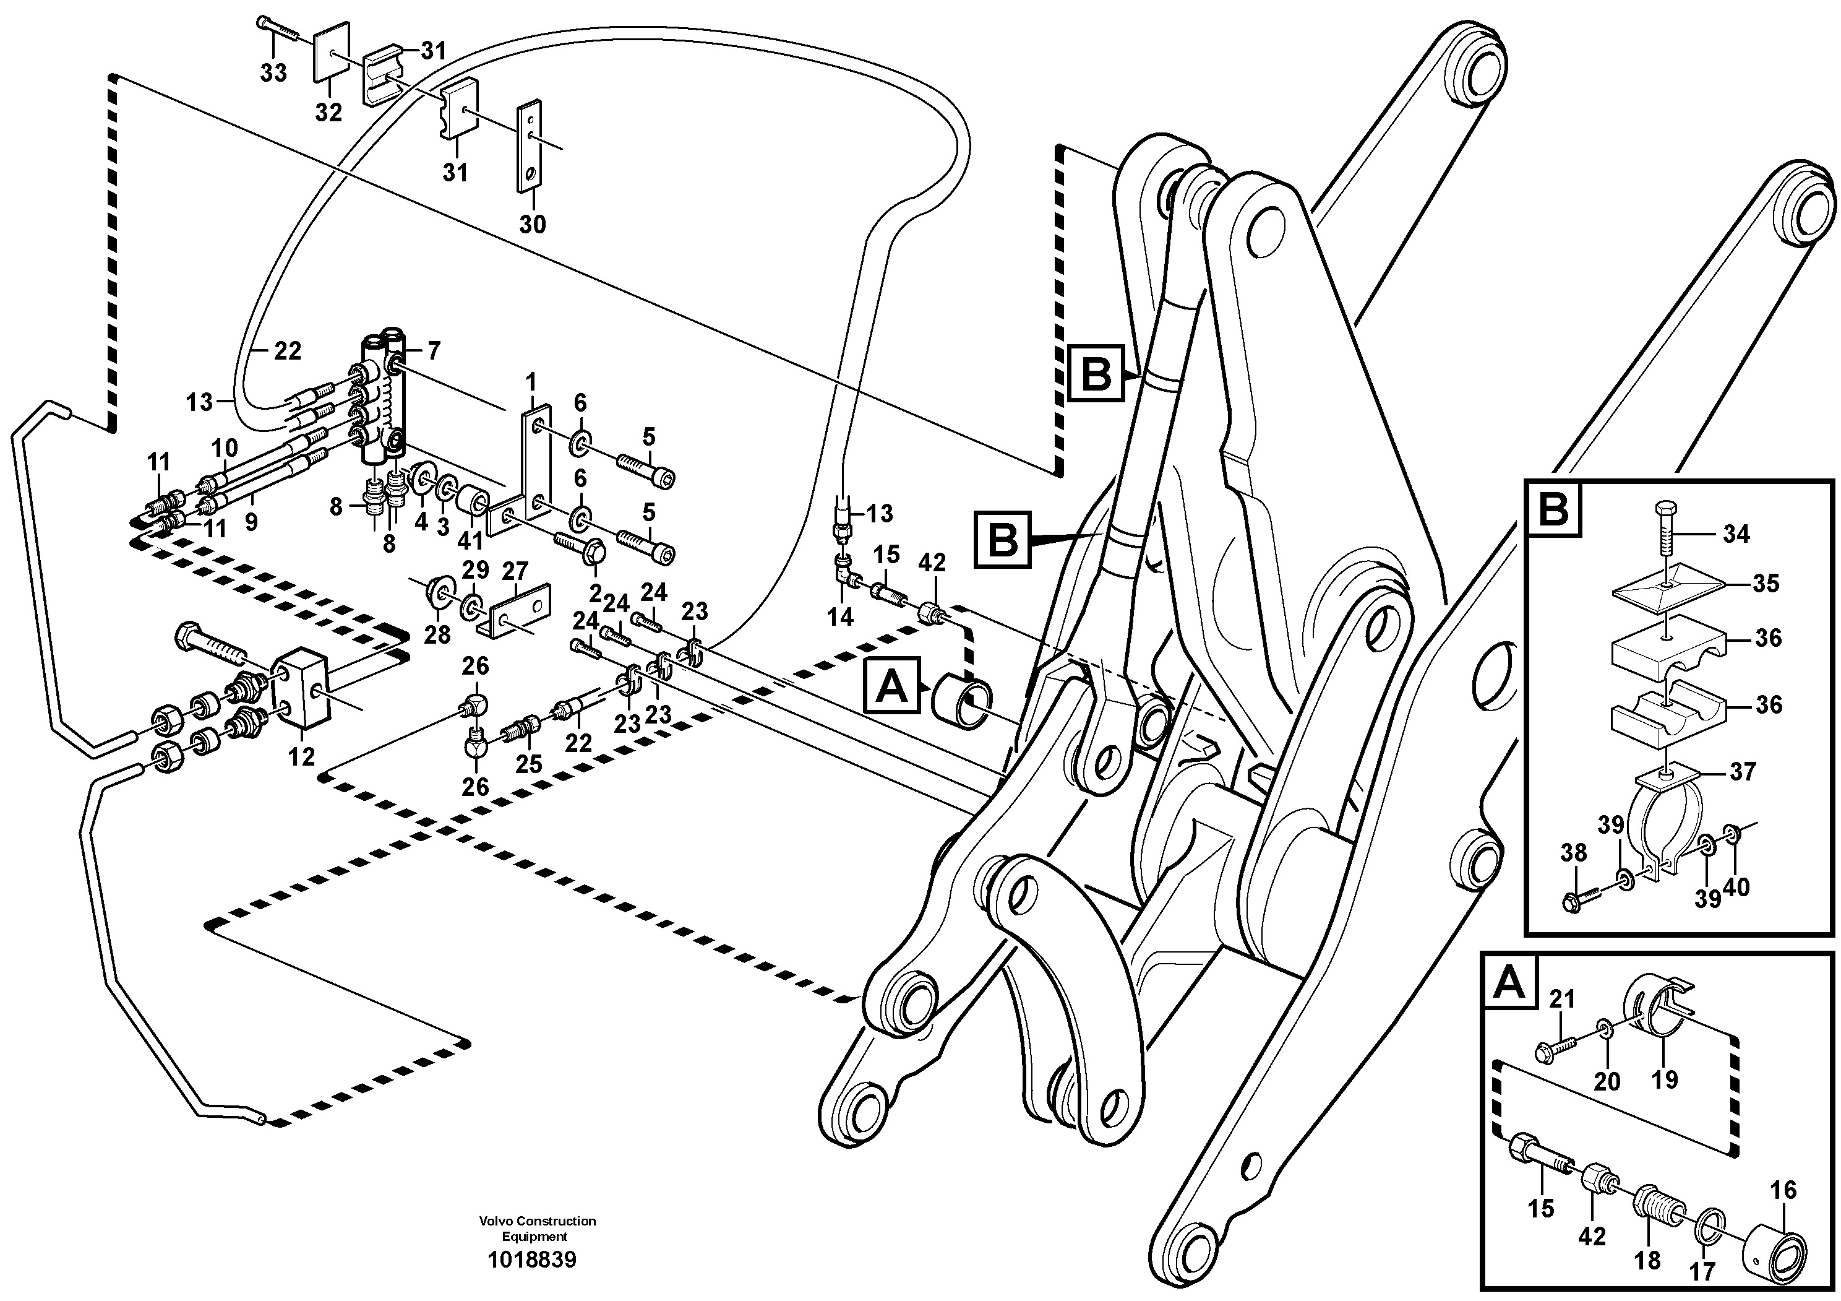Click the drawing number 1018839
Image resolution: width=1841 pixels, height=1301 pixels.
tap(531, 1260)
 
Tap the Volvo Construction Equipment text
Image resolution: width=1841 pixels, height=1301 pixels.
tap(537, 1228)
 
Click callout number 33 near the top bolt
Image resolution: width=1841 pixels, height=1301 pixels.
tap(273, 74)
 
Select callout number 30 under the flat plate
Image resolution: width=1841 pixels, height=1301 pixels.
tap(531, 224)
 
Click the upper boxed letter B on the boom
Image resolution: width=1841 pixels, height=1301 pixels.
tap(1096, 374)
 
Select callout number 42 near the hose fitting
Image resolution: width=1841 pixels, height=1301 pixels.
tap(932, 563)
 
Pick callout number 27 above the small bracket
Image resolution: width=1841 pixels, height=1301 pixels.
tap(515, 571)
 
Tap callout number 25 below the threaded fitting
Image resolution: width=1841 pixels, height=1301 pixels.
tap(528, 764)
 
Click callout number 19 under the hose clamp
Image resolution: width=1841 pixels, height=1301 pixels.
tap(1665, 1079)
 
